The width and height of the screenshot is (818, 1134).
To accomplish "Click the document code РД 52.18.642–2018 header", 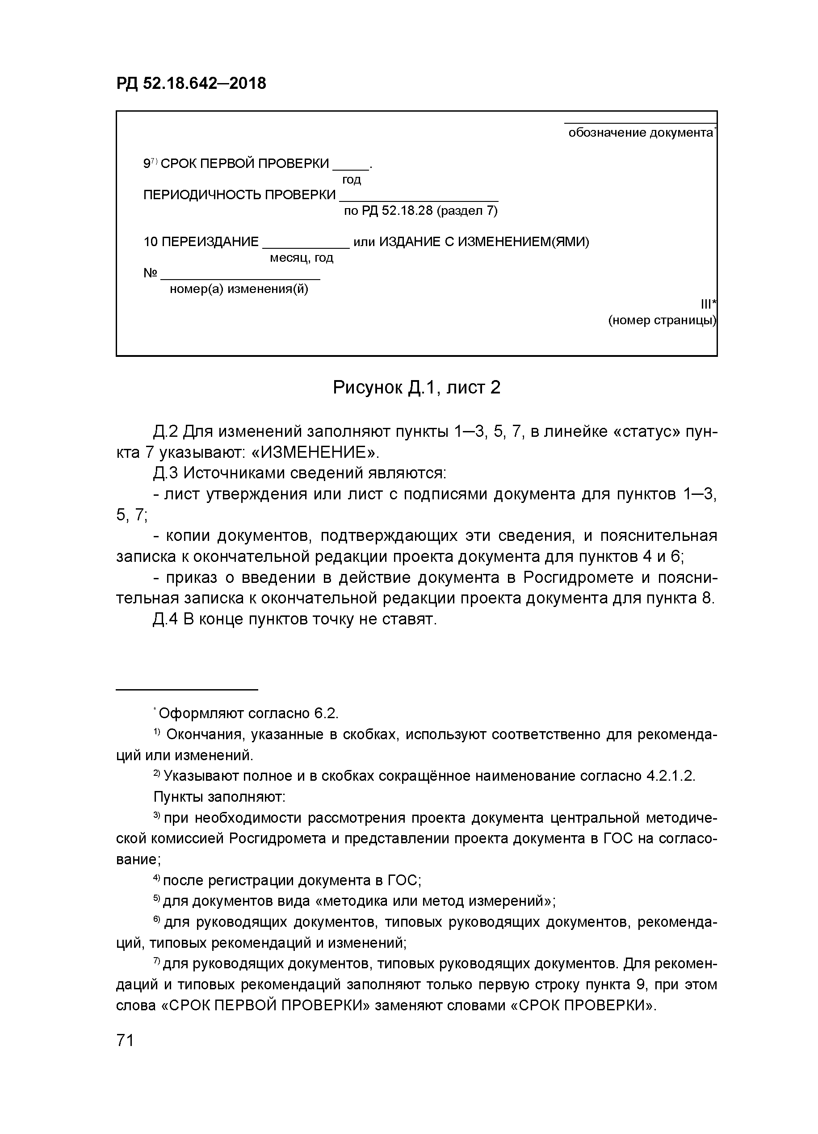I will [191, 83].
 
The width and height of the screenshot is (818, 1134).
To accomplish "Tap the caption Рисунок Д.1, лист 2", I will [416, 387].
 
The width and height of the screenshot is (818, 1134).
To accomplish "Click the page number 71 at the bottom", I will [125, 1039].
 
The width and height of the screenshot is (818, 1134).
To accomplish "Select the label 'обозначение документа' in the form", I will [641, 133].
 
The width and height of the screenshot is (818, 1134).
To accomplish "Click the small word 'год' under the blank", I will [351, 180].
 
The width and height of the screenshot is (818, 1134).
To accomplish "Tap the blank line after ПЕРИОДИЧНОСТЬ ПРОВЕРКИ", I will [419, 198].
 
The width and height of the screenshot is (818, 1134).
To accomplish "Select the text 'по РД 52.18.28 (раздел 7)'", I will [420, 211].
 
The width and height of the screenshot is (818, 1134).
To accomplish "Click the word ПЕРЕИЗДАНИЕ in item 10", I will [210, 242].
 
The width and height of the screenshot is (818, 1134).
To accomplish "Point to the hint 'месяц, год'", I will [302, 258].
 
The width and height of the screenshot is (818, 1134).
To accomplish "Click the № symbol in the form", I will [151, 273].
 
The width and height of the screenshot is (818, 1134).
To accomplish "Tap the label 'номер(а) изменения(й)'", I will [239, 289].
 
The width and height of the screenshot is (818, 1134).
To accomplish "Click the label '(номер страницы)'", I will [662, 321].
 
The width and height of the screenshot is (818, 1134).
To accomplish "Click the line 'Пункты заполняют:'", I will [219, 796].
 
